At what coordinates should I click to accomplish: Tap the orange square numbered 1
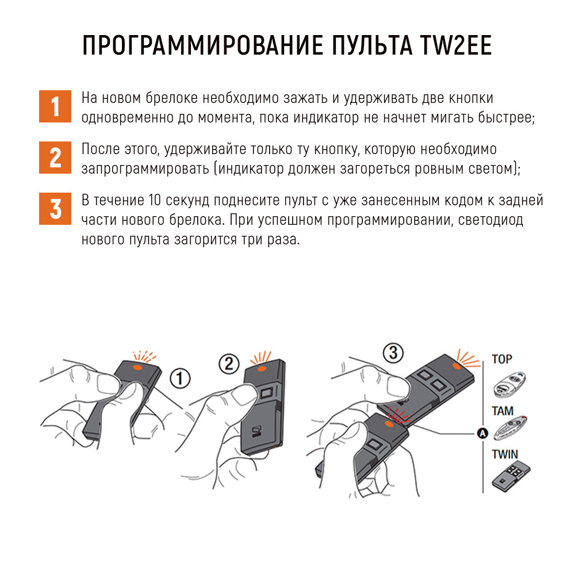click(55, 106)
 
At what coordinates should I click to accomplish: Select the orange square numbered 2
click(55, 158)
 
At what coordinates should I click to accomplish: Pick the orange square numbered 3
click(55, 209)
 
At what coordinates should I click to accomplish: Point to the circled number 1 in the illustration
click(179, 378)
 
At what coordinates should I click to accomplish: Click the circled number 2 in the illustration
click(229, 364)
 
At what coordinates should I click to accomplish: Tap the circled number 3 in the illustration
click(393, 353)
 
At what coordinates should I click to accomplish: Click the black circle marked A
click(482, 434)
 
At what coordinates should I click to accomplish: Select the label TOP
click(501, 359)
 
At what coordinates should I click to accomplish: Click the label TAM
click(503, 411)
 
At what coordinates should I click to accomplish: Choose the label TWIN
click(505, 455)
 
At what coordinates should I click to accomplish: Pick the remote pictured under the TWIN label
click(511, 477)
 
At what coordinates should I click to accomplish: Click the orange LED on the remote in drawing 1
click(138, 367)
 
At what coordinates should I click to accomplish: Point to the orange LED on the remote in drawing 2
click(262, 368)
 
